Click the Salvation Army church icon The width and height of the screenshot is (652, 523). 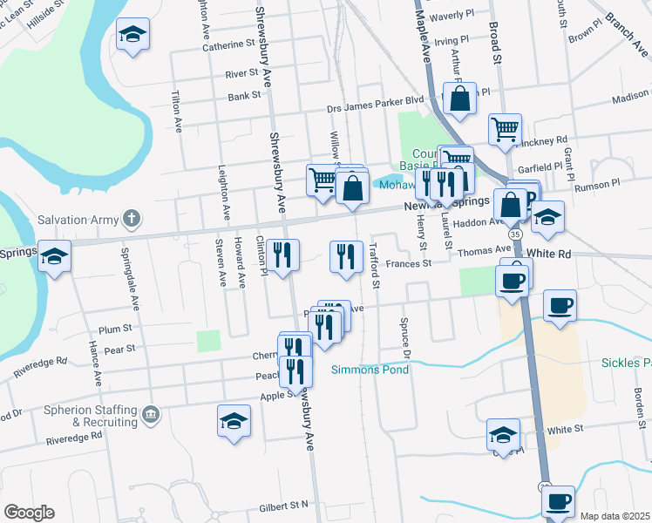coord(131,217)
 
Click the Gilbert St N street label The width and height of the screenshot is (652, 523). coord(284,506)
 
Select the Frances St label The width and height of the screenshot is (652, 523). coord(409,262)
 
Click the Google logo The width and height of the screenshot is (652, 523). coord(28,512)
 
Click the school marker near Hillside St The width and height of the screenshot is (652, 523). coord(133,35)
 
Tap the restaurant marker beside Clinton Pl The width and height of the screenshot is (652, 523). coord(282,255)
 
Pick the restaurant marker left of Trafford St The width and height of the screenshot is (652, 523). coord(346,256)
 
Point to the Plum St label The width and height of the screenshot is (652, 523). coord(115,329)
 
